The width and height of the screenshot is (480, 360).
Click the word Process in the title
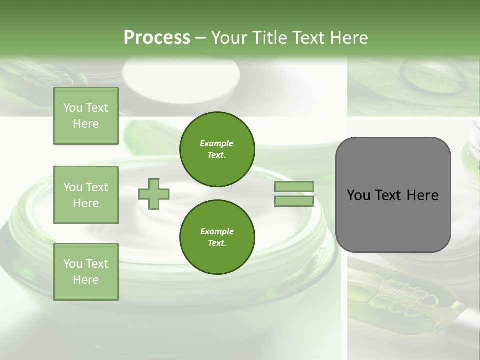[157, 38]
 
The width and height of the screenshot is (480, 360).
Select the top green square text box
[86, 116]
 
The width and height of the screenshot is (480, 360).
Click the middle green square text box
[86, 195]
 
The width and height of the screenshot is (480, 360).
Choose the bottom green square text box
[86, 271]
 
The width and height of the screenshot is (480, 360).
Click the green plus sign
[154, 194]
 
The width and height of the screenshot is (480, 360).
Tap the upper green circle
[217, 149]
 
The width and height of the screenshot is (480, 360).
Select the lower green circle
[217, 237]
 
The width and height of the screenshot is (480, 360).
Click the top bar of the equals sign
[294, 187]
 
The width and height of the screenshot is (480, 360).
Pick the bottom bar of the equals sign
[294, 201]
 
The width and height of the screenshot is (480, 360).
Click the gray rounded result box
[393, 194]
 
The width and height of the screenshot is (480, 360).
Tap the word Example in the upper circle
[217, 143]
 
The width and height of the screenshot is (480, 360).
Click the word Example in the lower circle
[217, 231]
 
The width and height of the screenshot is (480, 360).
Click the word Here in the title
[350, 38]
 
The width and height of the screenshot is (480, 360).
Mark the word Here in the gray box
[423, 195]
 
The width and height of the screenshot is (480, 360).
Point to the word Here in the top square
[86, 124]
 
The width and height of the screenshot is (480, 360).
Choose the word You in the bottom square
[73, 263]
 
